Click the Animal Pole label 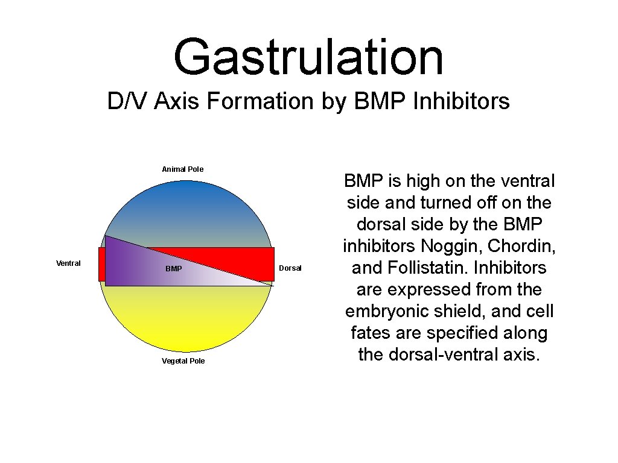click(183, 169)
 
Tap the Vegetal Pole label click(183, 361)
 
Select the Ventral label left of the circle click(68, 263)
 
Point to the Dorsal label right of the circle click(290, 268)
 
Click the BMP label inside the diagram click(173, 268)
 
